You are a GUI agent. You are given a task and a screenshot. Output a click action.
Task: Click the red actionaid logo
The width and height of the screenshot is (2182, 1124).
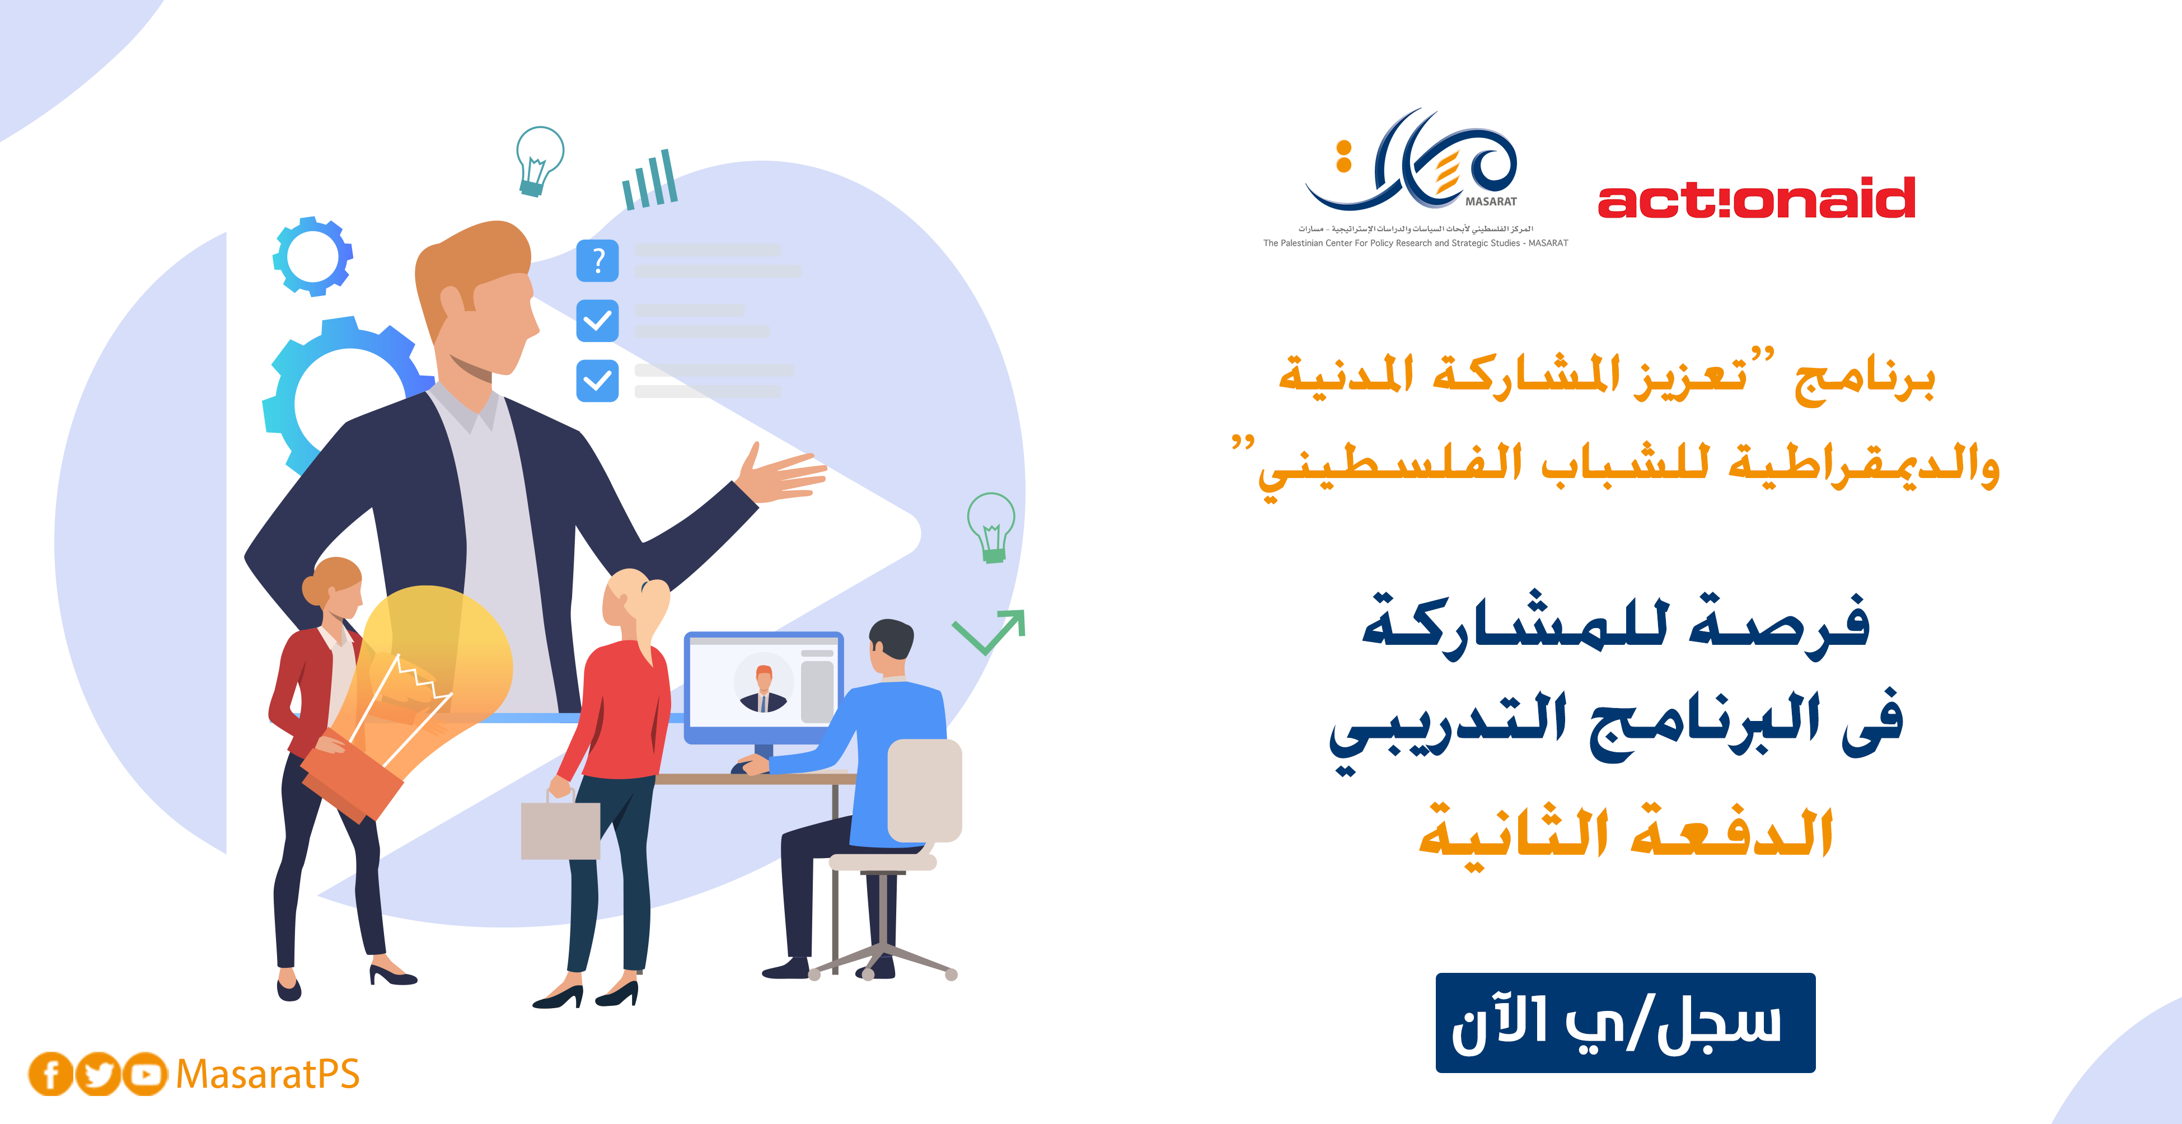(x=1756, y=198)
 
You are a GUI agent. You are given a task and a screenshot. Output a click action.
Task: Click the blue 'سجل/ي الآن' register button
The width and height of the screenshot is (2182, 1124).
(x=1624, y=1022)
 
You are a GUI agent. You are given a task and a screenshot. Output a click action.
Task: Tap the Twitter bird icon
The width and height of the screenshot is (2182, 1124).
(x=99, y=1074)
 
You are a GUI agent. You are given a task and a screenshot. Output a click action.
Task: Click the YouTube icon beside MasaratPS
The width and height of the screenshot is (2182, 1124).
(x=146, y=1074)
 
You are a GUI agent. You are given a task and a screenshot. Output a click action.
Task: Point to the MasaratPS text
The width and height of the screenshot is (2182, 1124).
(x=268, y=1074)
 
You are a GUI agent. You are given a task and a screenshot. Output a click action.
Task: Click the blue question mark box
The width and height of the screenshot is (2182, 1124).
(x=597, y=260)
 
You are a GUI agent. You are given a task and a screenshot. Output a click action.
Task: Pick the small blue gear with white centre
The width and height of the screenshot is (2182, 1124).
(x=312, y=256)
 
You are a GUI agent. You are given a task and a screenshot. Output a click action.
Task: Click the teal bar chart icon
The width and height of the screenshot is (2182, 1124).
(x=650, y=180)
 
